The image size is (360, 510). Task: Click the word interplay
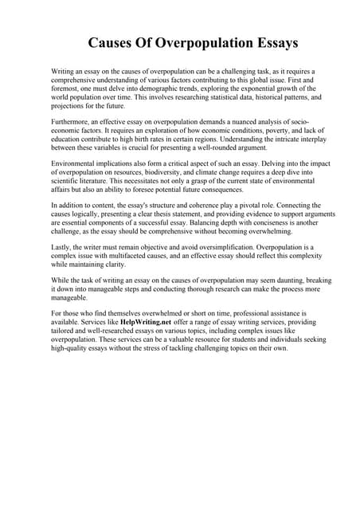[305, 141]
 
